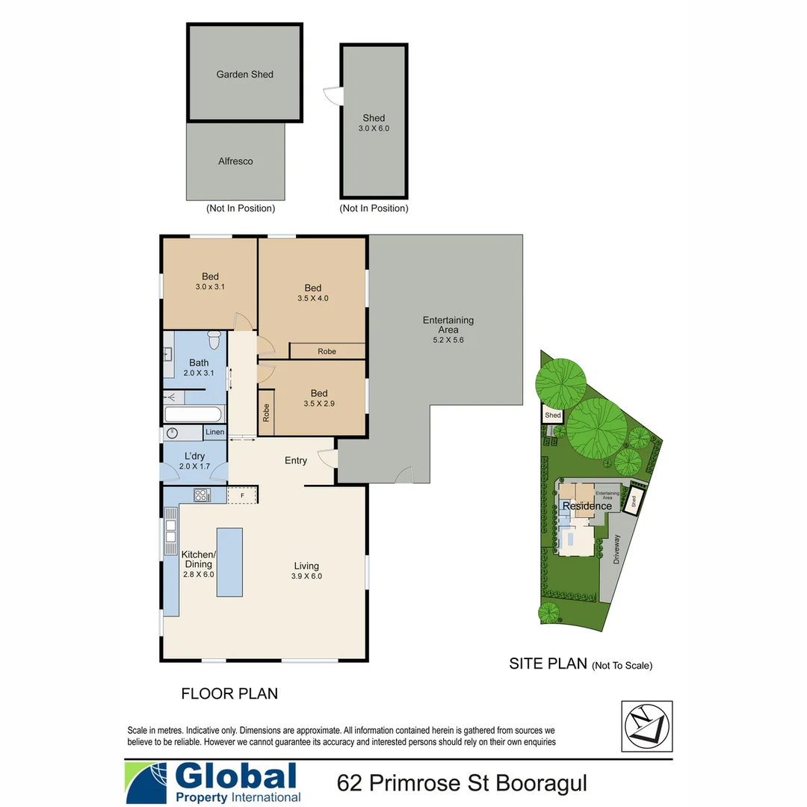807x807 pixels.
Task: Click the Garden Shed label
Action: click(x=244, y=75)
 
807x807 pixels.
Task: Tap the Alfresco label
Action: click(x=235, y=161)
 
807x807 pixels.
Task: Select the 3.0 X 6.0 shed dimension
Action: click(x=374, y=129)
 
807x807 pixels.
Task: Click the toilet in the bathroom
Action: click(x=214, y=341)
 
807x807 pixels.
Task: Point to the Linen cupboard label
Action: click(x=214, y=433)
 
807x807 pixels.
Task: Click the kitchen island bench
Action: click(x=229, y=561)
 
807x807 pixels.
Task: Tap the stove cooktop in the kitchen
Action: click(x=202, y=495)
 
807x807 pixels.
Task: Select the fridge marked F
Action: click(x=242, y=495)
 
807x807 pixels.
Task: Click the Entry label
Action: click(x=296, y=460)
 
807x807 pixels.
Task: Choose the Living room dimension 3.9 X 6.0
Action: click(x=306, y=576)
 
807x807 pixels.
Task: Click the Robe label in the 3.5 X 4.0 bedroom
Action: click(x=327, y=351)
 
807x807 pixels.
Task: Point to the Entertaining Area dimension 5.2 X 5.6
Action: click(x=448, y=340)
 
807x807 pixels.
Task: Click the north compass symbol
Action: click(x=647, y=726)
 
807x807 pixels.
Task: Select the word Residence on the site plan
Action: click(x=587, y=506)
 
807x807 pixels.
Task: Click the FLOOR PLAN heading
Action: click(x=229, y=693)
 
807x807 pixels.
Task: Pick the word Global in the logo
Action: click(x=235, y=777)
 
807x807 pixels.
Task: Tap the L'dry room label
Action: click(x=194, y=457)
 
